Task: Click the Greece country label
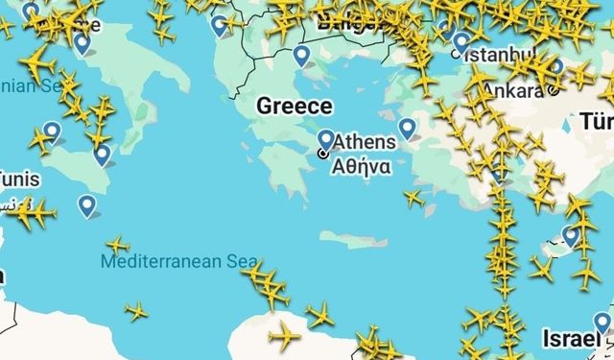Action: tap(294, 106)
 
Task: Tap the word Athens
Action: tap(363, 143)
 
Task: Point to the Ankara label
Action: tap(511, 89)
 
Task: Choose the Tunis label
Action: tap(13, 178)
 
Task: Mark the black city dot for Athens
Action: tap(322, 154)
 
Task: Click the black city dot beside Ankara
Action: tap(554, 91)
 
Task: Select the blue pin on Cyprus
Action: tap(572, 234)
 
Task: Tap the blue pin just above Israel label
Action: tap(602, 322)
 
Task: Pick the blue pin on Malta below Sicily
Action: tap(87, 204)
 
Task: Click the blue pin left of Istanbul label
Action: tap(461, 42)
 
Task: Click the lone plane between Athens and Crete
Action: tap(413, 199)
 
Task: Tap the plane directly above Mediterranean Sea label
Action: tap(117, 246)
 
